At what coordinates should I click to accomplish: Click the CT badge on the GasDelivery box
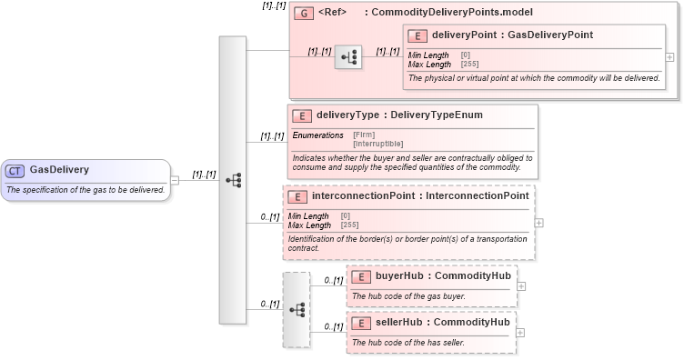(15, 170)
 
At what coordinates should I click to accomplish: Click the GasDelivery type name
(59, 170)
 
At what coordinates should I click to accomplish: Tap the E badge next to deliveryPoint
(417, 35)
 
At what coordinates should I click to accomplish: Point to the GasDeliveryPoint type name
(550, 35)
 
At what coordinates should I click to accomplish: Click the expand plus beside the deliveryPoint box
(670, 56)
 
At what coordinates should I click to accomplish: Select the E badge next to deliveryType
(301, 115)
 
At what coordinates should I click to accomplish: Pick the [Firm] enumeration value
(363, 135)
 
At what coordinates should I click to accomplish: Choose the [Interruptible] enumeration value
(377, 144)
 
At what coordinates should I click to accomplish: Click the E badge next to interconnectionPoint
(297, 196)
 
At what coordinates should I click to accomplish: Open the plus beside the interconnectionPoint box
(539, 222)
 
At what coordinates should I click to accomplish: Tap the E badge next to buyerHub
(360, 276)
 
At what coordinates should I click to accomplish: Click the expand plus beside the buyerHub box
(521, 285)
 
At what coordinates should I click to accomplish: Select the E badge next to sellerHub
(360, 323)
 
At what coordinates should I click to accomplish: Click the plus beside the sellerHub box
(521, 332)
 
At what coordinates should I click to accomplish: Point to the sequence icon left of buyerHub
(297, 309)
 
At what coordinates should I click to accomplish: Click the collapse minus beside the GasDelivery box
(175, 179)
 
